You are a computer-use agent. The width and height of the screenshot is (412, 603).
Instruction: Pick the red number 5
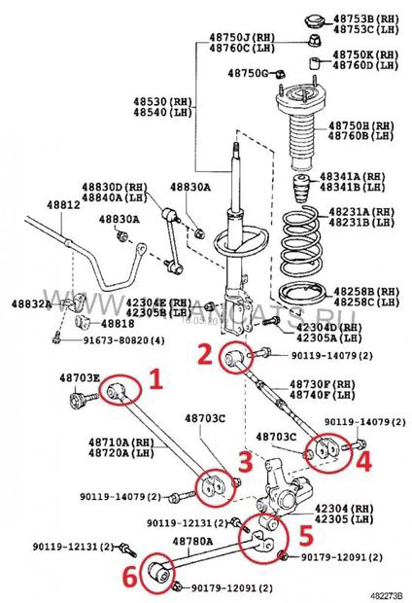pyautogui.click(x=304, y=532)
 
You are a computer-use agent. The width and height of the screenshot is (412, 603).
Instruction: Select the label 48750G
pyautogui.click(x=248, y=73)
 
